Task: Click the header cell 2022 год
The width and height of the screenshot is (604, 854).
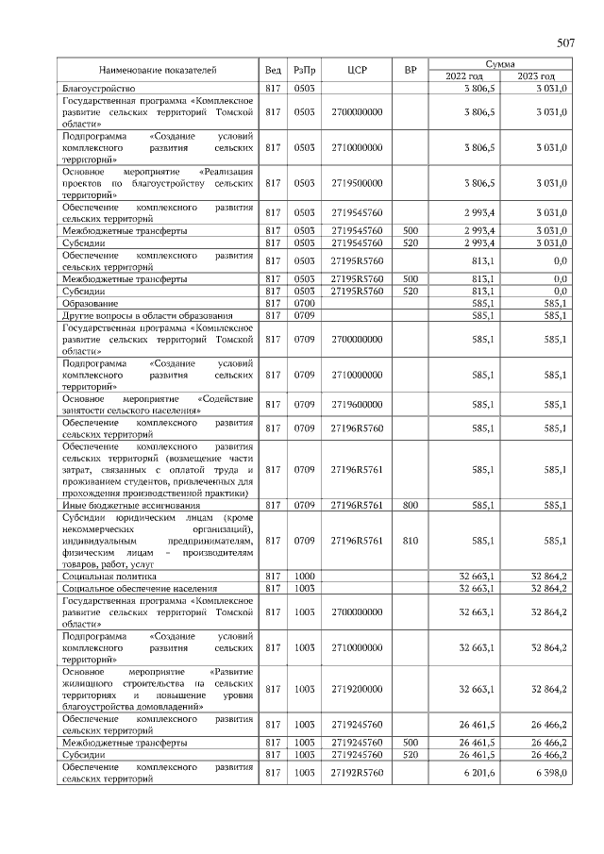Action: (462, 75)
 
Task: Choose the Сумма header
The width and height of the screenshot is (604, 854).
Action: (499, 62)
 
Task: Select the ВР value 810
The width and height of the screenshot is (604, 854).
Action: (410, 540)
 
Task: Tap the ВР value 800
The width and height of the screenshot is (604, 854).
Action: (410, 505)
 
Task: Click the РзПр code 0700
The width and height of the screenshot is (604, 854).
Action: (304, 303)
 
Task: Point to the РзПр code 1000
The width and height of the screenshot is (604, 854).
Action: (304, 574)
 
